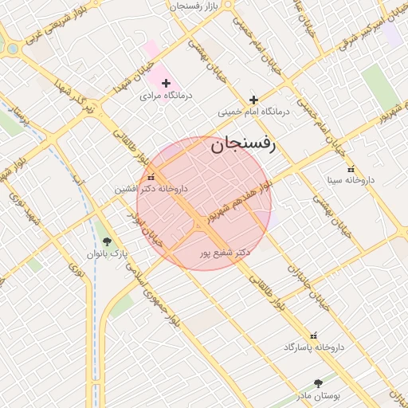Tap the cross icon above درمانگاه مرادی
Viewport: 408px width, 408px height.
[x=166, y=83]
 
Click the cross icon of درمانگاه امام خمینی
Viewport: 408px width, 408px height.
[x=253, y=100]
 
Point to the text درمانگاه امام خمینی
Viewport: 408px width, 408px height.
[x=253, y=112]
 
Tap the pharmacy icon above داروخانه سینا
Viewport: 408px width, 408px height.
[x=351, y=169]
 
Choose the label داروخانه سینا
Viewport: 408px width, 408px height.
[x=351, y=181]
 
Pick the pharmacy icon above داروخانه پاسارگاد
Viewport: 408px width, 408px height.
[x=312, y=335]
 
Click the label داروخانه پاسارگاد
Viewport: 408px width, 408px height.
[x=312, y=348]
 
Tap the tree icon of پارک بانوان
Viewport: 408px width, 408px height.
[x=108, y=241]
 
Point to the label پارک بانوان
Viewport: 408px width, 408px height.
[x=108, y=254]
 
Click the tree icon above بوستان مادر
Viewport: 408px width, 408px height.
[x=319, y=383]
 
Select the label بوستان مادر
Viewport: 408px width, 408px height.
[x=319, y=396]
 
